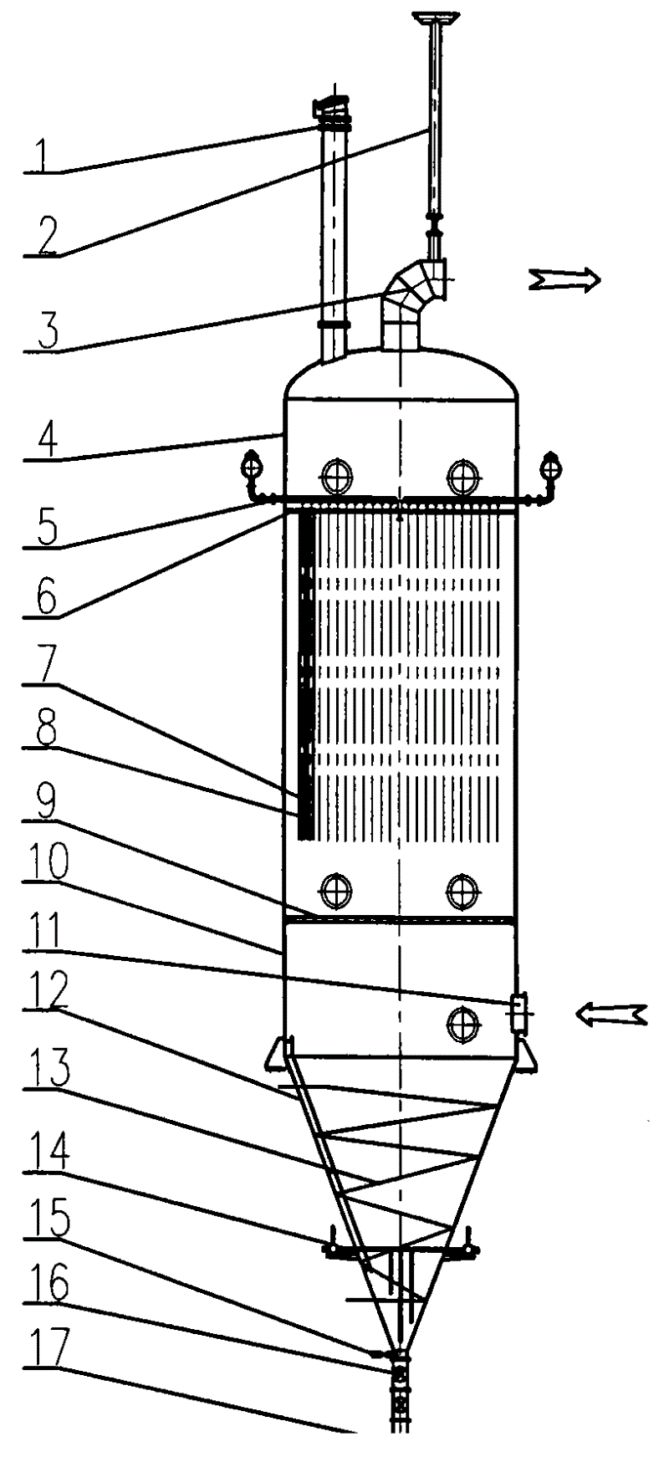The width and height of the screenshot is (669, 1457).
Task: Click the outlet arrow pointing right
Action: [564, 280]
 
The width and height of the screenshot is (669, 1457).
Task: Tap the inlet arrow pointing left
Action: [611, 1014]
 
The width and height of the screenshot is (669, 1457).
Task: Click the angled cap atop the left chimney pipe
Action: [330, 107]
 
